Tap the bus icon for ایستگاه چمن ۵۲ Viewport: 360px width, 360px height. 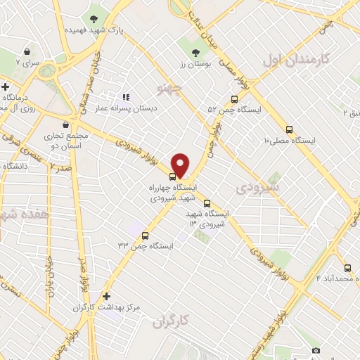234,99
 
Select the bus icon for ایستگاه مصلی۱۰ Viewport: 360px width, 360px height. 289,129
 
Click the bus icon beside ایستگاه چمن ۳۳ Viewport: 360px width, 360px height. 146,236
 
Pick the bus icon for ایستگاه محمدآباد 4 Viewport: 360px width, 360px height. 347,267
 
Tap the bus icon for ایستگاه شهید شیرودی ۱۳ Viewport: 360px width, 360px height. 206,203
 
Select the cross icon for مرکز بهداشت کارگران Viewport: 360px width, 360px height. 106,297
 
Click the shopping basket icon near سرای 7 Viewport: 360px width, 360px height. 27,52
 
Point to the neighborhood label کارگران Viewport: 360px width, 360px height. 171,321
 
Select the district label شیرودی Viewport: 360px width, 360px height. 257,187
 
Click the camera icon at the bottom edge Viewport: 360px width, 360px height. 316,350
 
